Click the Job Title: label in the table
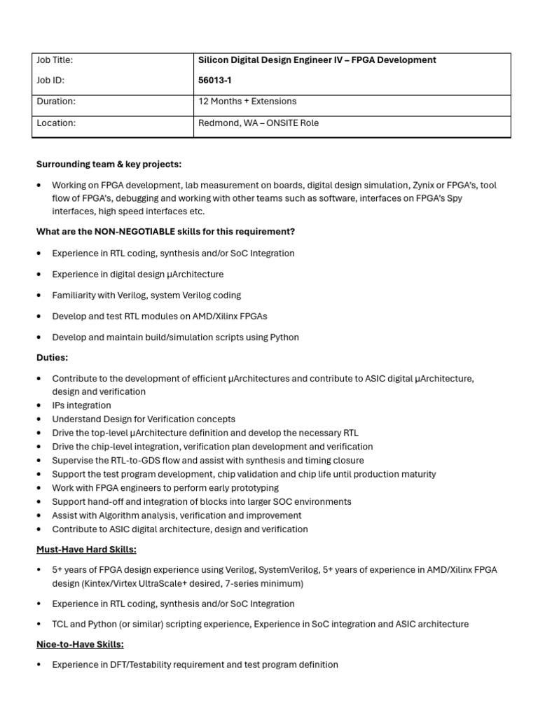[55, 60]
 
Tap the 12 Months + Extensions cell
[247, 102]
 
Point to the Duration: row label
[56, 102]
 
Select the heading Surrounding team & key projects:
[109, 164]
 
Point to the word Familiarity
[75, 295]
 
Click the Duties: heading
[52, 358]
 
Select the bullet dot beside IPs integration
[39, 405]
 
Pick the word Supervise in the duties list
[72, 461]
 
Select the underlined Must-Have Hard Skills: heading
[86, 550]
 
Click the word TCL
[60, 624]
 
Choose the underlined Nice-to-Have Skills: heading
[80, 644]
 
